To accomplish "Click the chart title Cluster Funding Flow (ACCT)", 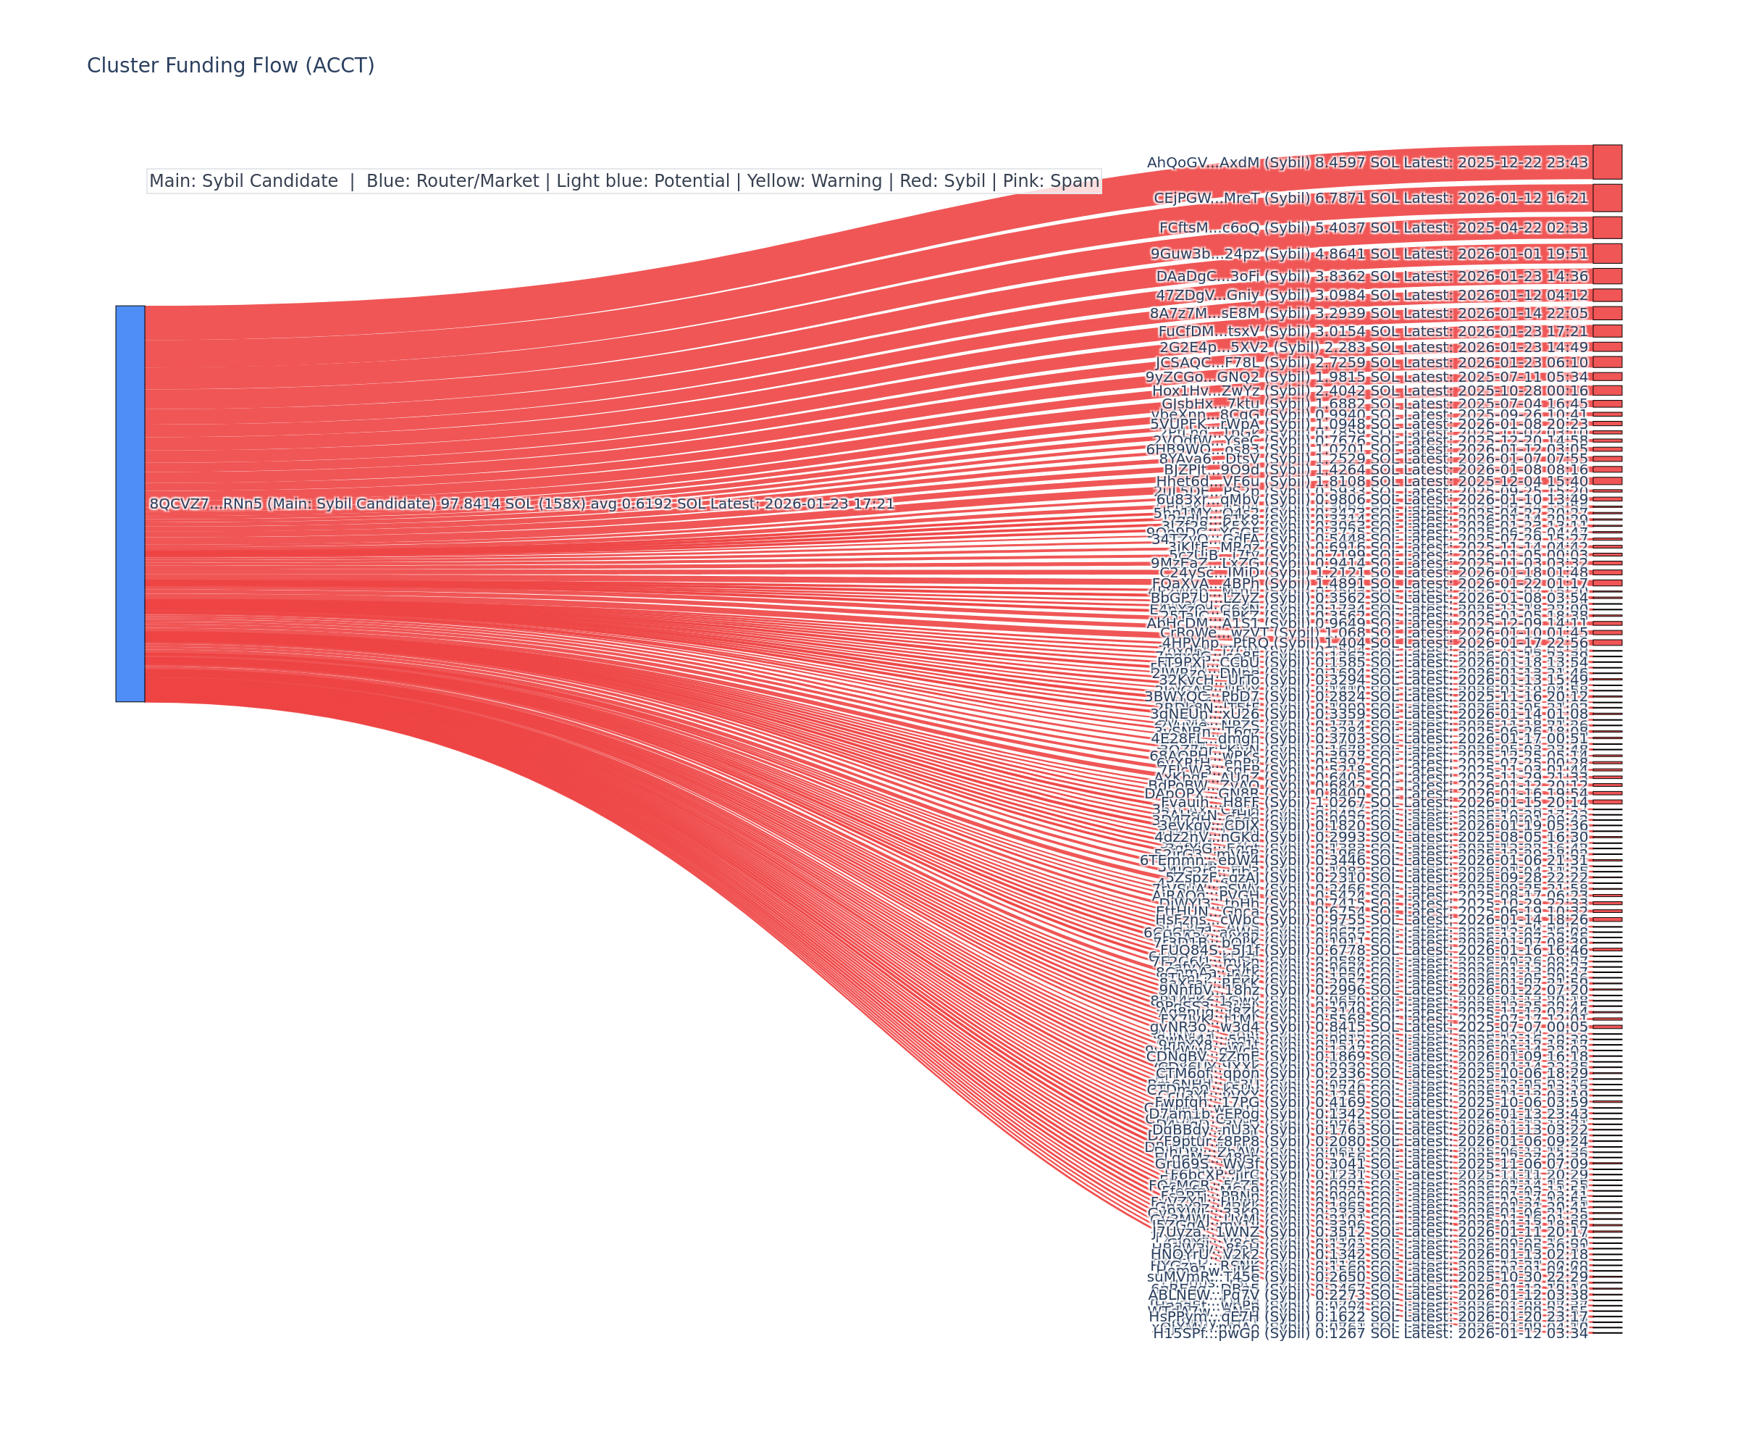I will tap(230, 65).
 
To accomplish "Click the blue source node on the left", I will tap(130, 504).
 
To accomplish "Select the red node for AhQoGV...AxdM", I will tap(1606, 162).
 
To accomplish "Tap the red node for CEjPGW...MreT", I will tap(1606, 198).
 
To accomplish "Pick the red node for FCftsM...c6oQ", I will tap(1606, 227).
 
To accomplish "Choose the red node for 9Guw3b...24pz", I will tap(1606, 254).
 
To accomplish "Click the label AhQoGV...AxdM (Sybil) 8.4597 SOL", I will tap(1367, 162).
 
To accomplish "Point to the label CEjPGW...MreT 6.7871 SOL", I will tap(1369, 198).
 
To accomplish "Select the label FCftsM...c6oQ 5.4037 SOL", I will tap(1372, 227).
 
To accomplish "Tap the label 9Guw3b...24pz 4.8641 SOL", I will tap(1368, 254).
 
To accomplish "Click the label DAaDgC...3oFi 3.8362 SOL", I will tap(1372, 276).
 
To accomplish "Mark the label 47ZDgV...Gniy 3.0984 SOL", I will tap(1372, 295).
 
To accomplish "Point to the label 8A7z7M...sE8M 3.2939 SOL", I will tap(1368, 313).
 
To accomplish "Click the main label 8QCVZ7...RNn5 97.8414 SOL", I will tap(521, 504).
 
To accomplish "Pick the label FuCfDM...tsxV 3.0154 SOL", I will tap(1372, 331).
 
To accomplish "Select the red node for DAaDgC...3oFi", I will tap(1606, 276).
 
